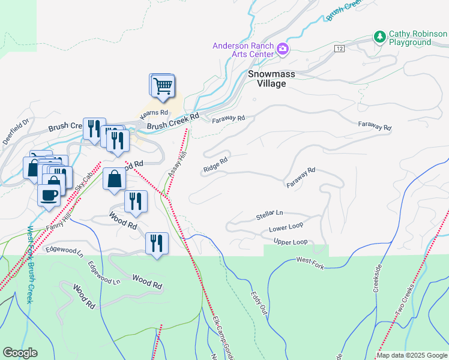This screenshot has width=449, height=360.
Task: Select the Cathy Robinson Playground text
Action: (409, 38)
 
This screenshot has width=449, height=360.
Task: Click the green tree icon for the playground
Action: (379, 37)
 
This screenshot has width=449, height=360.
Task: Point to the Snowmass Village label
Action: (267, 79)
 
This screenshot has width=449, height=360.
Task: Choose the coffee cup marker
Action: (49, 194)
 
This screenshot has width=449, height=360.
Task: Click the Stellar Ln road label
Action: (269, 214)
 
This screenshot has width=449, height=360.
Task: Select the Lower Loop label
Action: (286, 227)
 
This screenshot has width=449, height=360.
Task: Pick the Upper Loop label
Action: (291, 242)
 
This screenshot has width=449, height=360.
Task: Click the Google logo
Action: (20, 353)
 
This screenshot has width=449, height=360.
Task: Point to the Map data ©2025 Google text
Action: (411, 355)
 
